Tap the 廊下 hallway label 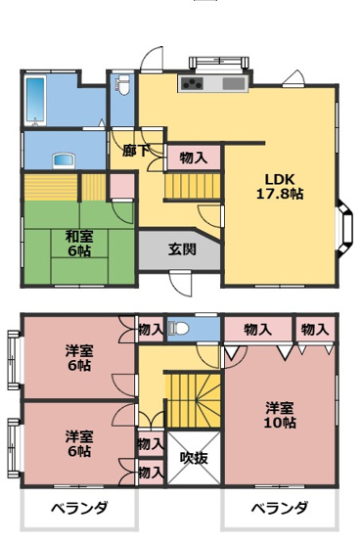pos(136,151)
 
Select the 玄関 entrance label pos(181,249)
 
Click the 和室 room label pos(79,236)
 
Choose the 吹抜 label pos(193,456)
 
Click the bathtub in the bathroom pos(37,100)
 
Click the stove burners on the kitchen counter pos(192,84)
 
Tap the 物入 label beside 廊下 pos(193,157)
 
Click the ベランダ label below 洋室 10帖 pos(279,508)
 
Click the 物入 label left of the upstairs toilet pos(151,329)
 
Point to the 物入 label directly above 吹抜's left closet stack pos(151,444)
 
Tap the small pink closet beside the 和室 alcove pos(120,184)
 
